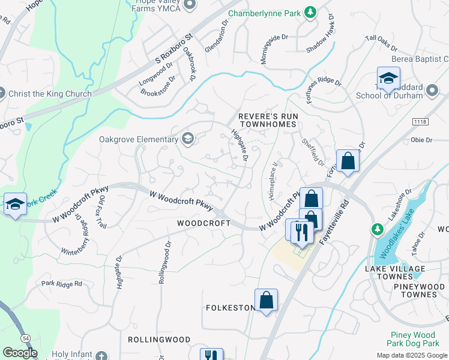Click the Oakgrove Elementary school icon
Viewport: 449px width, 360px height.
[x=188, y=139]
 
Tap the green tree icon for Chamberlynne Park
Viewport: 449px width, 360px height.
[x=310, y=12]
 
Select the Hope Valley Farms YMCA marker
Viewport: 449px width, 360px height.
[x=190, y=5]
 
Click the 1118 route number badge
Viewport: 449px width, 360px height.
[x=420, y=122]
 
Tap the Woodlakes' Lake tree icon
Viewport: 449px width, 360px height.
[x=378, y=229]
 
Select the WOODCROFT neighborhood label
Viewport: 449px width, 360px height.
[x=203, y=223]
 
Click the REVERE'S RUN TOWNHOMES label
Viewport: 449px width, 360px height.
[x=267, y=119]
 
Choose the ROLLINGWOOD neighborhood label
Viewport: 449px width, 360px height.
[x=159, y=340]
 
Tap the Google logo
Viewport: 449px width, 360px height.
[x=19, y=353]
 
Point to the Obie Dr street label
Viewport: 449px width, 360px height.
[x=421, y=140]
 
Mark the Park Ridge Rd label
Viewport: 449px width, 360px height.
[x=61, y=283]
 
